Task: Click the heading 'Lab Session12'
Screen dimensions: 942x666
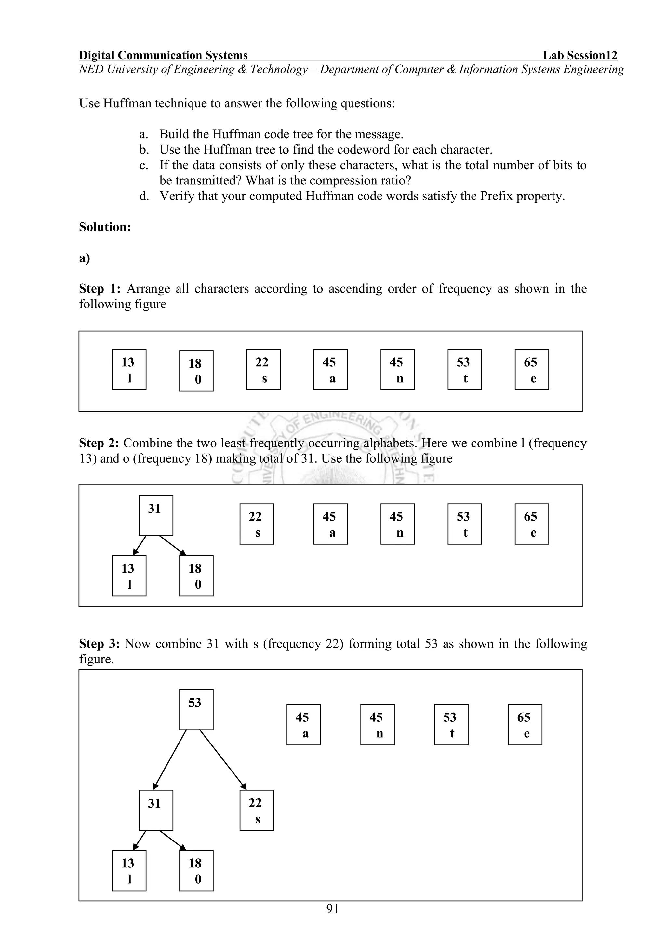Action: click(x=580, y=55)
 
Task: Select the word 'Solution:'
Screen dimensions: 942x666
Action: click(x=105, y=227)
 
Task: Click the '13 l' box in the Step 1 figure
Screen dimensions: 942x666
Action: click(x=129, y=370)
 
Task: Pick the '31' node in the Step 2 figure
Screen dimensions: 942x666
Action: click(x=156, y=515)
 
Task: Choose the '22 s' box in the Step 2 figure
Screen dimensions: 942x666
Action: click(x=256, y=524)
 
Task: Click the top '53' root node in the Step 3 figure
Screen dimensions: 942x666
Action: click(x=196, y=709)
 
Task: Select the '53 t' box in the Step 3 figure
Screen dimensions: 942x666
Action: click(x=451, y=725)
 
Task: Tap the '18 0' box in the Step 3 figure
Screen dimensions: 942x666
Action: click(x=196, y=871)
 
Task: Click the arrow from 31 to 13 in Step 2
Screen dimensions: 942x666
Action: click(x=140, y=545)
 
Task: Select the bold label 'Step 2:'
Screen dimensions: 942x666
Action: click(x=99, y=443)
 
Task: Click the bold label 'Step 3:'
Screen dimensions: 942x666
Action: click(x=99, y=644)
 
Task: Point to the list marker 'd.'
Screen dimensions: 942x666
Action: click(x=144, y=196)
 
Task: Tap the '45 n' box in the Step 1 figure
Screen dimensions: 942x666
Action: click(x=397, y=370)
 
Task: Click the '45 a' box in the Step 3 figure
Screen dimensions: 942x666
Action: click(x=303, y=725)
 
